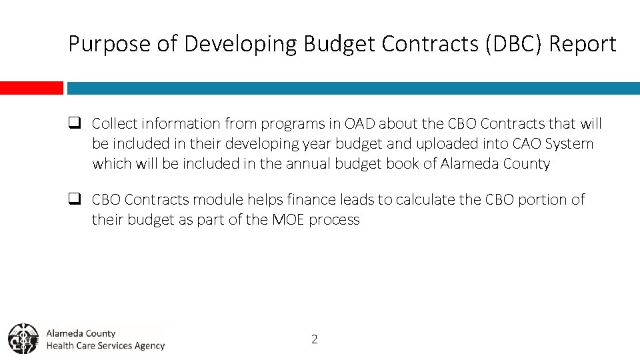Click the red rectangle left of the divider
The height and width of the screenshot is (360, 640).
(31, 88)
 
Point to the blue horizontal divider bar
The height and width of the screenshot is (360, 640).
(353, 88)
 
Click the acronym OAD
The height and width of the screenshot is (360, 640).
(360, 124)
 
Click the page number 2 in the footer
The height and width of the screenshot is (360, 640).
(315, 339)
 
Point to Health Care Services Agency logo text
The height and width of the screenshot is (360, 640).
(105, 345)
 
